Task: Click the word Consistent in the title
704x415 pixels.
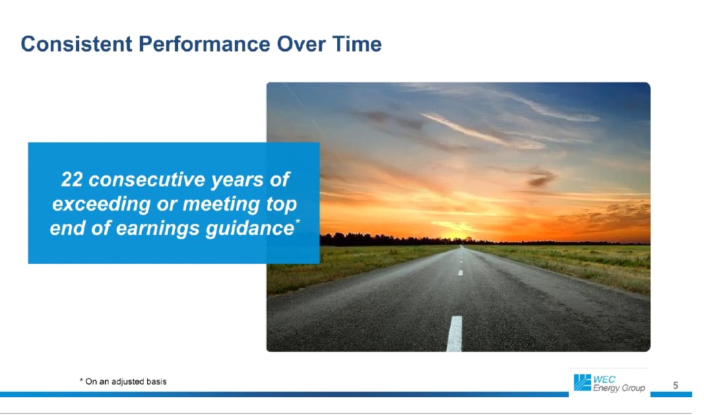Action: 77,44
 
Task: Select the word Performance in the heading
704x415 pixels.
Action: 205,44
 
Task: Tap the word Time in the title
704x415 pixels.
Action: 357,44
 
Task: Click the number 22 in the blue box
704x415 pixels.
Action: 72,179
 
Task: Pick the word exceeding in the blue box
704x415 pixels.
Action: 102,205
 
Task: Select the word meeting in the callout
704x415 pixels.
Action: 221,205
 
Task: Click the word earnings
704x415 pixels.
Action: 157,228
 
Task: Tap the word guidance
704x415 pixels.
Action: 249,228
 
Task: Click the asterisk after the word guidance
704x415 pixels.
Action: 298,221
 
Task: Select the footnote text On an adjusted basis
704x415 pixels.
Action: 126,381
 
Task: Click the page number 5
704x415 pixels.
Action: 675,385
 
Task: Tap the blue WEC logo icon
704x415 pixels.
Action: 583,383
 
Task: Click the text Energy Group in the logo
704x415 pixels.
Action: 619,388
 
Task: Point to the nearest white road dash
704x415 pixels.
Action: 455,334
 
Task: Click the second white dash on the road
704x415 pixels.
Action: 460,272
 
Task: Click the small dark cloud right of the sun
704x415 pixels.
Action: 540,178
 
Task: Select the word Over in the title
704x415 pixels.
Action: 301,44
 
